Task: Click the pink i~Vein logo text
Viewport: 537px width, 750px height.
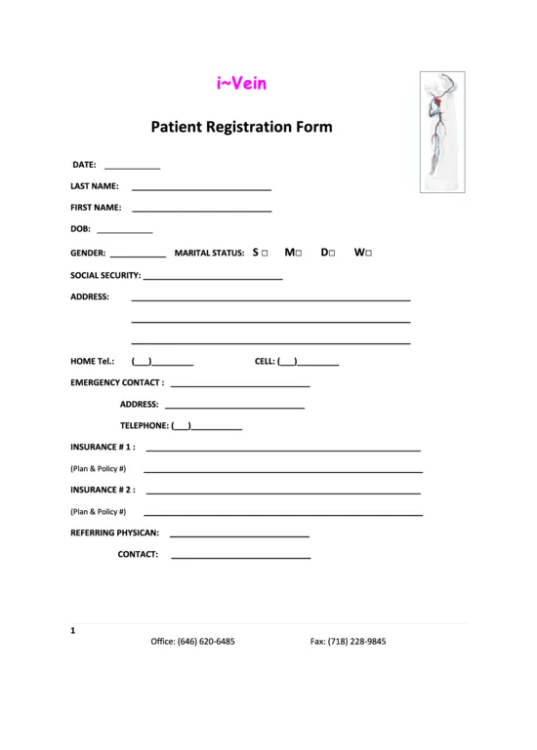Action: (241, 84)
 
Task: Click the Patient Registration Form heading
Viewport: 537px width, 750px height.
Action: (241, 127)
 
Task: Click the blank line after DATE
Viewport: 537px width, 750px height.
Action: (131, 167)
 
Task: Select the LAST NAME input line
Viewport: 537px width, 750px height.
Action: (201, 187)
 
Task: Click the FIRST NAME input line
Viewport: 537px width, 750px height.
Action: (201, 210)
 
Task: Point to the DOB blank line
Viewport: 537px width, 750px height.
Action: (125, 232)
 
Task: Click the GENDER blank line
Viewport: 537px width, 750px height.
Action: (139, 255)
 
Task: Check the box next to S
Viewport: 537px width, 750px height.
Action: (265, 254)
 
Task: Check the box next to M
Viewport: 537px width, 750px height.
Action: (299, 254)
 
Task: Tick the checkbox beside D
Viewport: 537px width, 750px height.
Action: (333, 254)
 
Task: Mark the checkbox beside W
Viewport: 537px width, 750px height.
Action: (369, 254)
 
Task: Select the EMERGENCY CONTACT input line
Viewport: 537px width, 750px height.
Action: (239, 385)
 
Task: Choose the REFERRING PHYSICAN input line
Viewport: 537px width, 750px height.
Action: (239, 535)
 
